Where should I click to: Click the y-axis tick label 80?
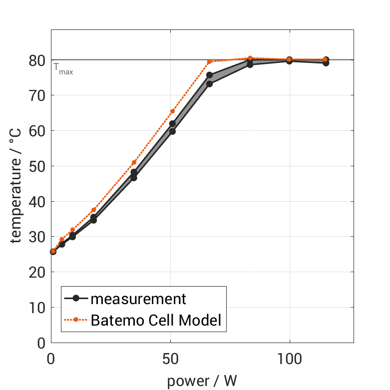(38, 60)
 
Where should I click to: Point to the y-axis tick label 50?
(38, 166)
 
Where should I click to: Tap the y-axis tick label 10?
(38, 308)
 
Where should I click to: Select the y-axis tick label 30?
(38, 237)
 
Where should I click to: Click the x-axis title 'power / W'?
(202, 381)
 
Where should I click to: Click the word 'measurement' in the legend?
(138, 299)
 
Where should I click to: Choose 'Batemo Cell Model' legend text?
(156, 320)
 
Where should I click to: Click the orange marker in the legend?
(76, 320)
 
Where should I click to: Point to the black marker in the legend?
(76, 299)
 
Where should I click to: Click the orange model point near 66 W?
(209, 62)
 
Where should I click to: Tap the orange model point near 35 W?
(134, 162)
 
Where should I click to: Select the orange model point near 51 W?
(172, 111)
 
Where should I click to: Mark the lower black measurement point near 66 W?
(209, 84)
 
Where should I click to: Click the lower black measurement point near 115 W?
(326, 63)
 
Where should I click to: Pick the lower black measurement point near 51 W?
(172, 131)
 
